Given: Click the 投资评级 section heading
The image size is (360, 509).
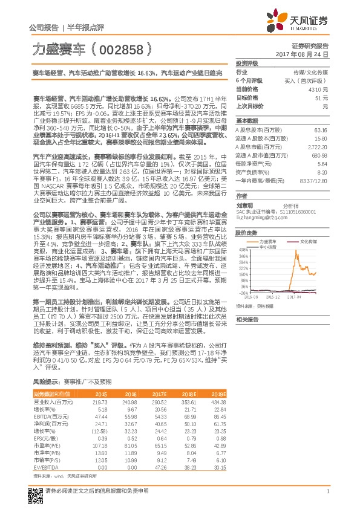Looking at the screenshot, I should (246, 63).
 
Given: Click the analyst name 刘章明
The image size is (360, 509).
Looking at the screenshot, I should (244, 205).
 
